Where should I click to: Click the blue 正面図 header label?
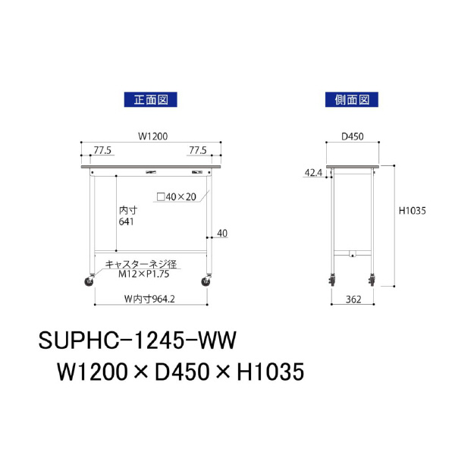click(x=150, y=99)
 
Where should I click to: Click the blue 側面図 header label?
click(x=351, y=99)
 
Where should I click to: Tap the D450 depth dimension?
click(x=353, y=136)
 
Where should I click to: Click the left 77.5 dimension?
click(x=103, y=150)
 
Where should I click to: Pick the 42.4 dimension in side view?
click(x=313, y=174)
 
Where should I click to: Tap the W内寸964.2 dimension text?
click(x=150, y=298)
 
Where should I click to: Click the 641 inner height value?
click(x=127, y=222)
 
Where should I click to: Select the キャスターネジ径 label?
click(x=141, y=263)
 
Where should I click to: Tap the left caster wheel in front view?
click(x=89, y=282)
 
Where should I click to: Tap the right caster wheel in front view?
click(x=206, y=282)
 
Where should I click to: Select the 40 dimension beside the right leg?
click(x=221, y=233)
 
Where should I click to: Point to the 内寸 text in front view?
click(x=128, y=210)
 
